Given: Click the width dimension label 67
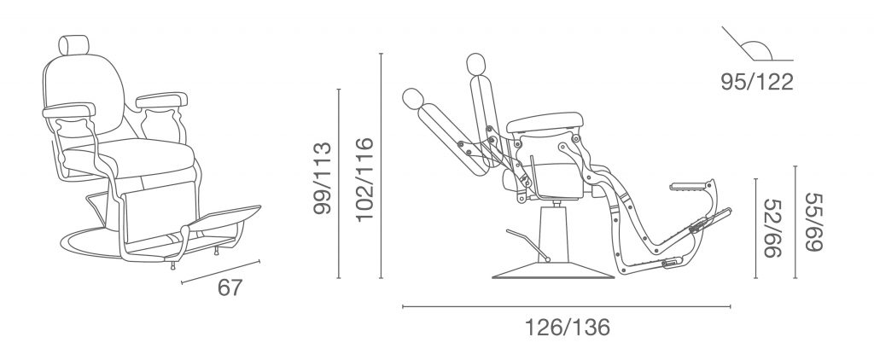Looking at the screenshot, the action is [x=230, y=287].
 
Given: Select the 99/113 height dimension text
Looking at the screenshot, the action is [x=323, y=178].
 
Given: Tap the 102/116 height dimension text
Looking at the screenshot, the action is [x=364, y=179].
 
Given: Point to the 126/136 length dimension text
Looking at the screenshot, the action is [x=568, y=328].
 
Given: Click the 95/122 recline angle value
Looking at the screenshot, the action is [x=757, y=82].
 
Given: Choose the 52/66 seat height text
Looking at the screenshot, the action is [x=772, y=228].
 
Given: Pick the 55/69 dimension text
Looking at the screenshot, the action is [x=813, y=223].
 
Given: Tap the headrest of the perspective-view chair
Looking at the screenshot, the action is [x=73, y=44].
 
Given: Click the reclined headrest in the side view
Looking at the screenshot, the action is [x=413, y=99].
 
